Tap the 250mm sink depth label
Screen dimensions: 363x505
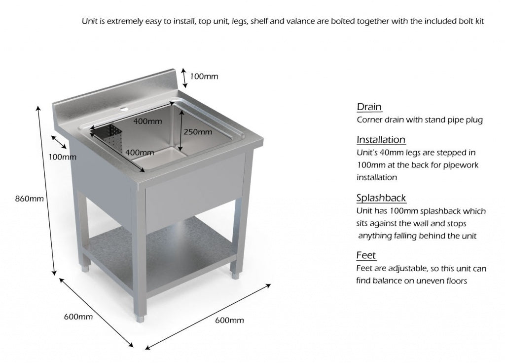[x=198, y=132]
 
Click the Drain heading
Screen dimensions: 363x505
[x=369, y=107]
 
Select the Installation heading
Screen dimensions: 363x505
[x=381, y=140]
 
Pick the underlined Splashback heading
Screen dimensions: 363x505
[x=381, y=198]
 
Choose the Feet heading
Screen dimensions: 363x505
[x=366, y=255]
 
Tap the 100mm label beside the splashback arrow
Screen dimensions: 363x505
[x=204, y=77]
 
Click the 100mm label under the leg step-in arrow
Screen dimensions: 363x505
[x=63, y=157]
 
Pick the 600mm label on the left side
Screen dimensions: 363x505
[x=78, y=317]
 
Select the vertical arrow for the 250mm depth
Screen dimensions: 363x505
[x=181, y=130]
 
